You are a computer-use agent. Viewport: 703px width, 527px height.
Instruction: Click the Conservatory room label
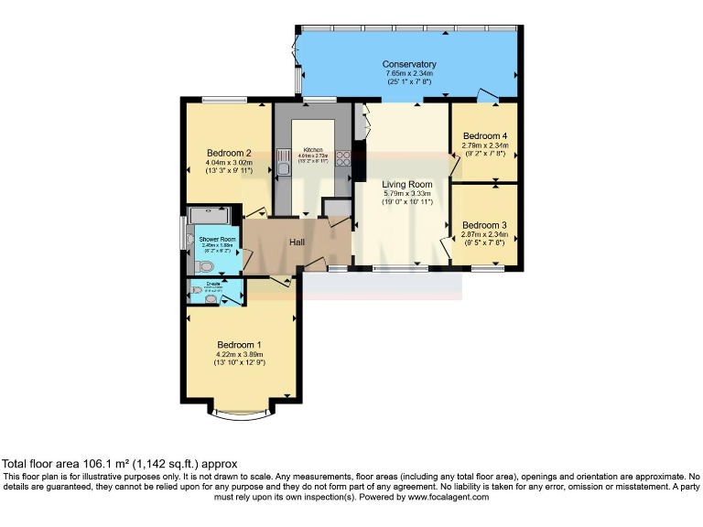(409, 64)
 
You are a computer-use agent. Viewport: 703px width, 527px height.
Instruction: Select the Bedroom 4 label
(484, 135)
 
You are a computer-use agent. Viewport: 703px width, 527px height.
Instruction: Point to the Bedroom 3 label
(484, 225)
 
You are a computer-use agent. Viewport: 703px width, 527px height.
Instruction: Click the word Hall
(297, 242)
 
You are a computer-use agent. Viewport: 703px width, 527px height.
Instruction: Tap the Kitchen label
(313, 150)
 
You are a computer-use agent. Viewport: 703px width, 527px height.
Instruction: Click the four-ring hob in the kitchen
(343, 159)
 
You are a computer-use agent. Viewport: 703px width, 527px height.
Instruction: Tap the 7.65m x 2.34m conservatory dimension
(409, 74)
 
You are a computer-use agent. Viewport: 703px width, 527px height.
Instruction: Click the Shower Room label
(218, 239)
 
